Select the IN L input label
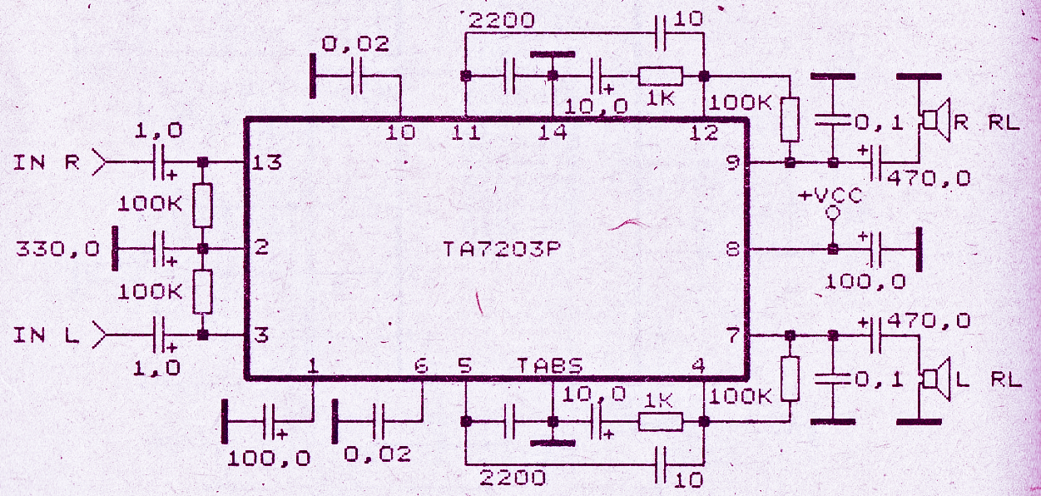coord(46,335)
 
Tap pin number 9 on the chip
coord(732,162)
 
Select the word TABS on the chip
coord(549,366)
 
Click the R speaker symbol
coord(936,122)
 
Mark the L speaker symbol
coord(936,379)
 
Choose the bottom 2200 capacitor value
coord(512,477)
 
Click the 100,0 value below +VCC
coord(865,281)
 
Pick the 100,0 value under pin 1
coord(268,457)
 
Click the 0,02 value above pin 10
coord(354,46)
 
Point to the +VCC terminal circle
coord(831,215)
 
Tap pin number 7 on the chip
coord(732,335)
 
